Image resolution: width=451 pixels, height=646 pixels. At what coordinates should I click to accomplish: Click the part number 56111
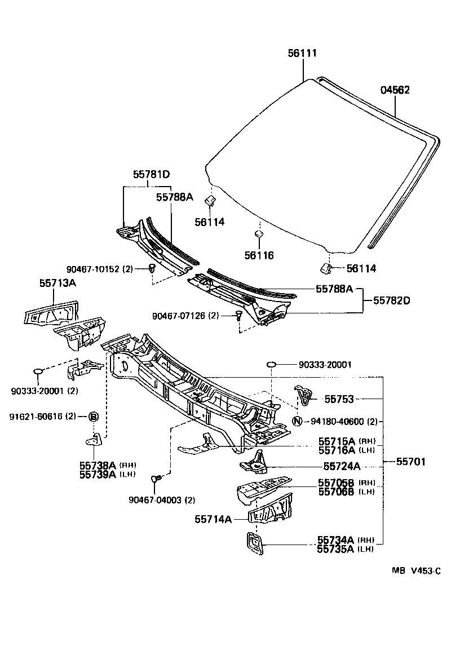click(x=302, y=53)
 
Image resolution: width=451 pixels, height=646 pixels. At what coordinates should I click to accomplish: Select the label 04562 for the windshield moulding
click(x=395, y=90)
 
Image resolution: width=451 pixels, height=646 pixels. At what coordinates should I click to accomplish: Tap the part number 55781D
click(x=151, y=175)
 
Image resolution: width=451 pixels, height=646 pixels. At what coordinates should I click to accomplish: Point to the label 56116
click(x=259, y=255)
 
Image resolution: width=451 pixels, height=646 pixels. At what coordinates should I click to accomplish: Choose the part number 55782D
click(x=391, y=300)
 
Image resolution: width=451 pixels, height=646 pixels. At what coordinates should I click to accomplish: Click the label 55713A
click(x=57, y=282)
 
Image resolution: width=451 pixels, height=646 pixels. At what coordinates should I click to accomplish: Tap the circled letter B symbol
click(x=94, y=417)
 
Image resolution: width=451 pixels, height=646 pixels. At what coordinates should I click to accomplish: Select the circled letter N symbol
click(x=298, y=421)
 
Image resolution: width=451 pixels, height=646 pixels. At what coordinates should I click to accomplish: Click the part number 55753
click(x=339, y=399)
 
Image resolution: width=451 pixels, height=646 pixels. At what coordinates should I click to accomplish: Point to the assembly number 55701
click(x=410, y=462)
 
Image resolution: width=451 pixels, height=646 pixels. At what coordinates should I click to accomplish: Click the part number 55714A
click(x=214, y=519)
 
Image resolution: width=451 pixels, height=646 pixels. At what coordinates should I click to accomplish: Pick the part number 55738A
click(x=97, y=465)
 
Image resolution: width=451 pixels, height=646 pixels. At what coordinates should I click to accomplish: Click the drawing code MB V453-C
click(x=416, y=570)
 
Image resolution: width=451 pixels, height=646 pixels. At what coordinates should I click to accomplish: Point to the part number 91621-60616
click(x=36, y=417)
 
